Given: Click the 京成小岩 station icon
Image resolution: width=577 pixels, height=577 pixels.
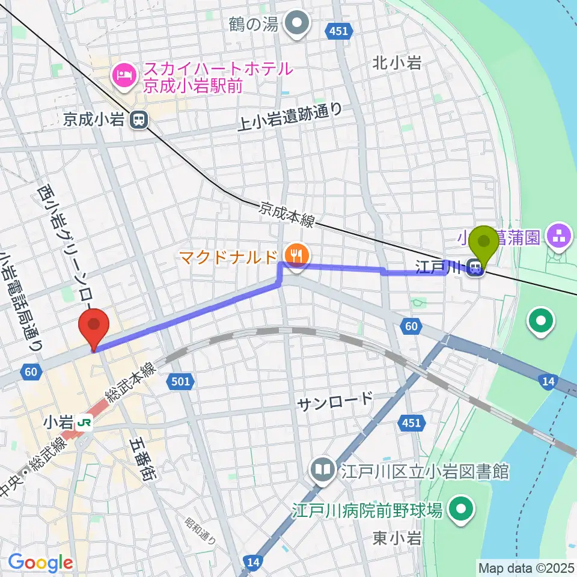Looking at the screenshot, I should click(x=138, y=120).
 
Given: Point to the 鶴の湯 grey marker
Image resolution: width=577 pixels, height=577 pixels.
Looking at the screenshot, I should click(x=296, y=25).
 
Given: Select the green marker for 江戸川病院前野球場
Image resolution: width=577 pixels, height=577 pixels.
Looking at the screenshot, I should click(x=461, y=510).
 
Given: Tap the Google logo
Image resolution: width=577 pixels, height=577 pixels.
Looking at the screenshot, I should click(x=40, y=563).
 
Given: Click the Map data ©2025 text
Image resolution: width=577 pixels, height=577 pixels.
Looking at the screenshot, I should click(x=527, y=567).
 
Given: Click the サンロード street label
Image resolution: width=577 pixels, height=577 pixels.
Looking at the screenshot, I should click(x=335, y=399).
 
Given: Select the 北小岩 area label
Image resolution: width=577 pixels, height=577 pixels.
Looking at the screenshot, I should click(x=396, y=63).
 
